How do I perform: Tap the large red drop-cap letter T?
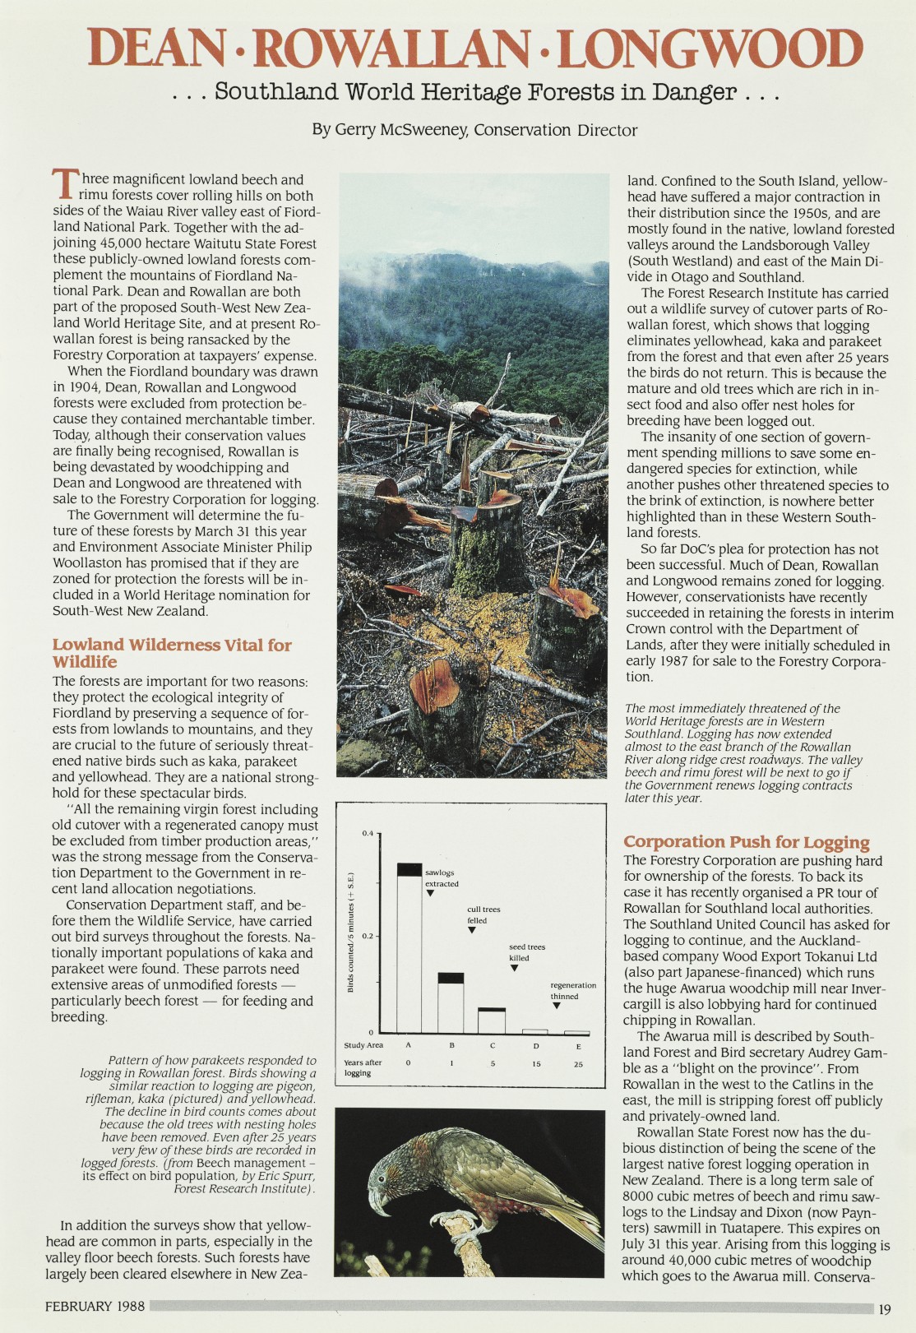pyautogui.click(x=64, y=183)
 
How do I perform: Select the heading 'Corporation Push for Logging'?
pyautogui.click(x=746, y=841)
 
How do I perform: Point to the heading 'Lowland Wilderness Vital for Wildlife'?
pyautogui.click(x=172, y=653)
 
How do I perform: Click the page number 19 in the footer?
pyautogui.click(x=885, y=1309)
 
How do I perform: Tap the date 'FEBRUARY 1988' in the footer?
pyautogui.click(x=95, y=1306)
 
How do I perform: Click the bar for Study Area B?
pyautogui.click(x=451, y=1002)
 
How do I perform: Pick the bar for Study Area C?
pyautogui.click(x=492, y=1020)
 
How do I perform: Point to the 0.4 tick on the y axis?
pyautogui.click(x=368, y=834)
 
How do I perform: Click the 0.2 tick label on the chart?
pyautogui.click(x=368, y=936)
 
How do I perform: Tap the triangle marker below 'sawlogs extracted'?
pyautogui.click(x=430, y=893)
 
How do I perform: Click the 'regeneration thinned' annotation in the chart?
pyautogui.click(x=573, y=990)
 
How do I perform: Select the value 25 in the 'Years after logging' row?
pyautogui.click(x=578, y=1063)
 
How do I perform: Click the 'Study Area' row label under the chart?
pyautogui.click(x=363, y=1045)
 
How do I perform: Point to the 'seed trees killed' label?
pyautogui.click(x=526, y=952)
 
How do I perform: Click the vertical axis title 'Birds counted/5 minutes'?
pyautogui.click(x=350, y=932)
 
